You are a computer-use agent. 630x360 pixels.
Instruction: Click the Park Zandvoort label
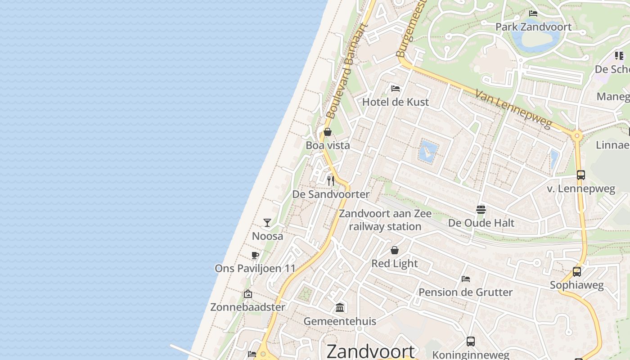pyautogui.click(x=533, y=27)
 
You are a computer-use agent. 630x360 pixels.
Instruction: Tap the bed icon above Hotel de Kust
pyautogui.click(x=396, y=88)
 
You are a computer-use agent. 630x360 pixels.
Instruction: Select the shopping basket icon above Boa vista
pyautogui.click(x=328, y=132)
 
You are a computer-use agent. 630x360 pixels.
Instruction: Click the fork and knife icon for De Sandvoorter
pyautogui.click(x=331, y=180)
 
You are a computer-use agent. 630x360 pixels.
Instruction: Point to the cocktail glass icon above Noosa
pyautogui.click(x=267, y=222)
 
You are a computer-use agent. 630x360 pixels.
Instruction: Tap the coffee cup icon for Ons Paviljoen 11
pyautogui.click(x=255, y=256)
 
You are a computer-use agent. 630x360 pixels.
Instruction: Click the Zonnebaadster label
pyautogui.click(x=247, y=307)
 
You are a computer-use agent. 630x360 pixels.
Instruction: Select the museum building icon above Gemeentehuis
pyautogui.click(x=340, y=308)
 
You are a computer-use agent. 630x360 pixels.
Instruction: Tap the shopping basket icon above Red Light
pyautogui.click(x=395, y=250)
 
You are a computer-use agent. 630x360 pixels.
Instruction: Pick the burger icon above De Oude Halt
pyautogui.click(x=481, y=209)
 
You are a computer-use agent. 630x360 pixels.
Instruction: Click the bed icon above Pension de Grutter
pyautogui.click(x=466, y=279)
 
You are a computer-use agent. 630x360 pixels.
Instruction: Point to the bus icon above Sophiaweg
pyautogui.click(x=576, y=271)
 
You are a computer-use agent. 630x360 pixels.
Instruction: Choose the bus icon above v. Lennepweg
pyautogui.click(x=580, y=175)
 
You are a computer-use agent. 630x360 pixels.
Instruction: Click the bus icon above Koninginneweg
pyautogui.click(x=470, y=342)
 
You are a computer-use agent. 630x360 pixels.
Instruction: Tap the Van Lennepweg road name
pyautogui.click(x=513, y=109)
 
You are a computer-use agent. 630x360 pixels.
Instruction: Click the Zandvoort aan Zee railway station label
pyautogui.click(x=385, y=220)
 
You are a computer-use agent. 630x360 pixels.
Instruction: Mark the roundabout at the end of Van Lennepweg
pyautogui.click(x=577, y=135)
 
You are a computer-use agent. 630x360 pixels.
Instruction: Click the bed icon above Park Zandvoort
pyautogui.click(x=533, y=13)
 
